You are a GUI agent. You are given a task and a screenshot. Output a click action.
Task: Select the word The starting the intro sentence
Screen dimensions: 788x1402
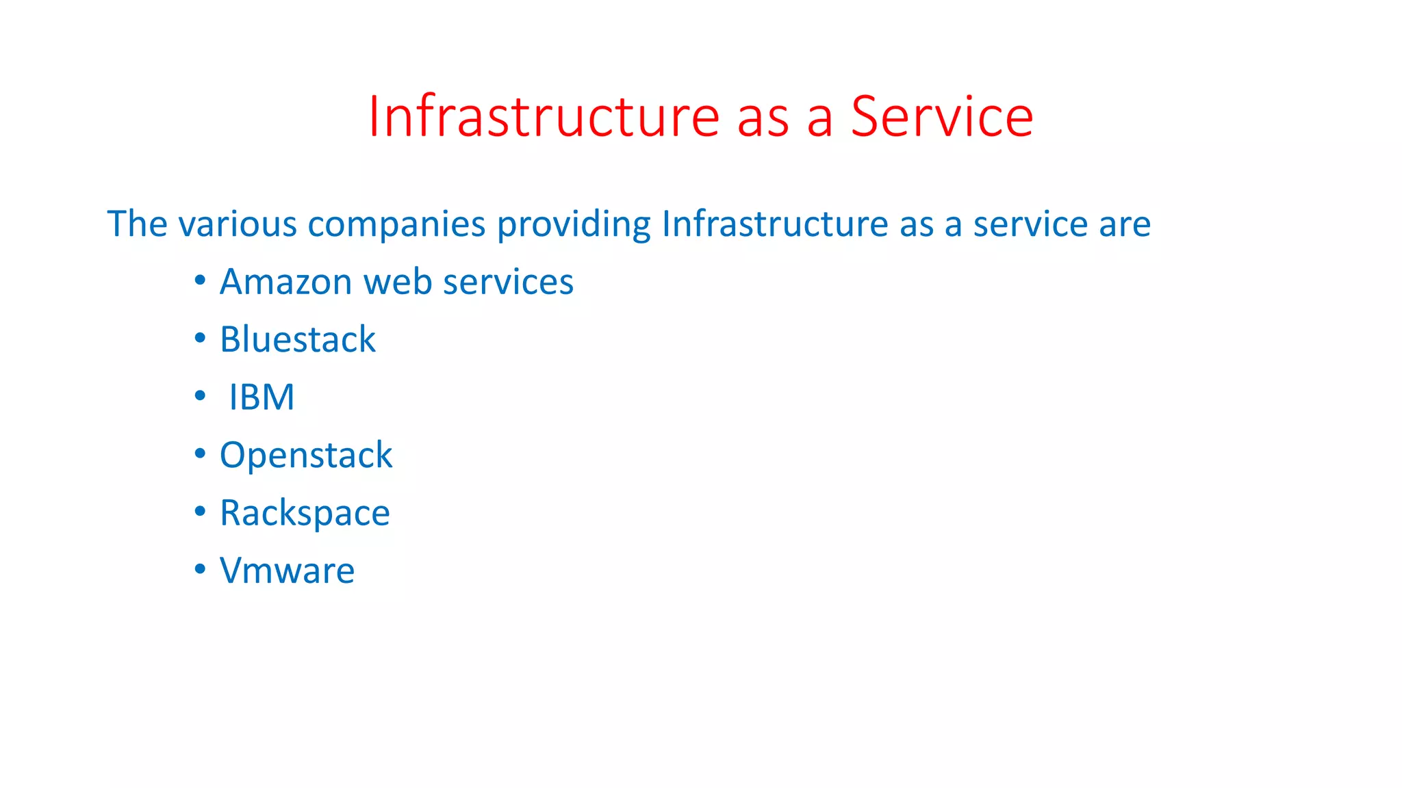137,224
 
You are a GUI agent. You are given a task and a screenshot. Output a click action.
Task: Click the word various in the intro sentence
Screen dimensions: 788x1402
238,224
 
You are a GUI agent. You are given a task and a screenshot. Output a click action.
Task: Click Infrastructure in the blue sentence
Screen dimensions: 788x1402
775,224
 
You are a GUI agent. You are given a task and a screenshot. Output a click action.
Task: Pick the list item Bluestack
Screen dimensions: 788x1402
298,339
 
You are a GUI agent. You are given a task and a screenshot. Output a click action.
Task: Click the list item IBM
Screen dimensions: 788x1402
262,397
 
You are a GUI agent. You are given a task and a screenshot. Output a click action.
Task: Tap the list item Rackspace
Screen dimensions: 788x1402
305,514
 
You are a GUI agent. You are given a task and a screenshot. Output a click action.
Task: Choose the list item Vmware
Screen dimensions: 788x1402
287,571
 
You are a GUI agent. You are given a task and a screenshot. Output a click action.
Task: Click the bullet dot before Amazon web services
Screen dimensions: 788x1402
200,280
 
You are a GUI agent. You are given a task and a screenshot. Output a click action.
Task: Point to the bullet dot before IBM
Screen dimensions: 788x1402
200,396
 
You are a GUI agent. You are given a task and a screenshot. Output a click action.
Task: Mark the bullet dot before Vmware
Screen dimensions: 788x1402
200,569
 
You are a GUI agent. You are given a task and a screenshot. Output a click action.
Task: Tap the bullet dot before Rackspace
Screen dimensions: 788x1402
200,512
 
